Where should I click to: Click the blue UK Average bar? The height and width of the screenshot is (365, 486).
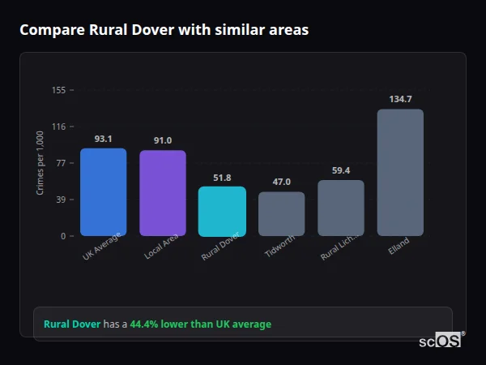[103, 192]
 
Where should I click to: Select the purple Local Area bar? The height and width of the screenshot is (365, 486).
[162, 193]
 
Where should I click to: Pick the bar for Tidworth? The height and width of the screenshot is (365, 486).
[281, 214]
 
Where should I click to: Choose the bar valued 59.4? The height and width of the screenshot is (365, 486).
[341, 208]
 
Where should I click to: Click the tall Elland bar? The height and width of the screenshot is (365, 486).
[400, 173]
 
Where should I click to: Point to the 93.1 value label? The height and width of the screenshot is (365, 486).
[103, 139]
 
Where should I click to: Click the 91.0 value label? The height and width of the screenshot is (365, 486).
[162, 141]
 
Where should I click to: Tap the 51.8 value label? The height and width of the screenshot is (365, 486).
[222, 178]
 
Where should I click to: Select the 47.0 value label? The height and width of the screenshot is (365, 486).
[281, 182]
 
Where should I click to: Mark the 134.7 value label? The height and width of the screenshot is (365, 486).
[400, 100]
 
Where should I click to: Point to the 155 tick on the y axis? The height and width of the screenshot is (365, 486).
[58, 90]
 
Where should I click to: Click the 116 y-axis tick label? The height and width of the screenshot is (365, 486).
[58, 127]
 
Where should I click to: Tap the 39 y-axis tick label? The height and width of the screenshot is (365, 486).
[60, 200]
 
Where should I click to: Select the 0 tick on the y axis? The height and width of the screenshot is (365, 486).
[62, 236]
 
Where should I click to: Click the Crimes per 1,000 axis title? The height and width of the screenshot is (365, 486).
[40, 163]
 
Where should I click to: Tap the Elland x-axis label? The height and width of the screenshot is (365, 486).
[399, 246]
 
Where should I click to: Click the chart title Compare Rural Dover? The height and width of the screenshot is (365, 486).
[164, 30]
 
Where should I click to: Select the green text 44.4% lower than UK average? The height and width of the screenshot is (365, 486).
[201, 324]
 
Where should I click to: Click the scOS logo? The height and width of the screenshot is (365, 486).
[441, 341]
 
